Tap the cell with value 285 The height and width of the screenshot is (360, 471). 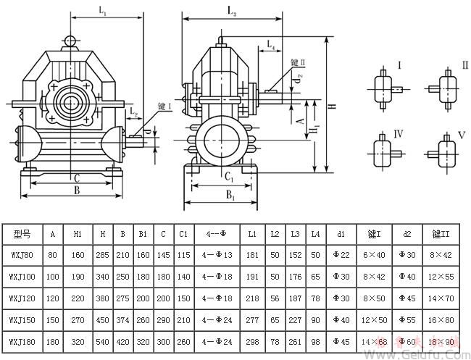pos(103,255)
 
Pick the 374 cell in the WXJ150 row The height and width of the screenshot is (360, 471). pos(123,317)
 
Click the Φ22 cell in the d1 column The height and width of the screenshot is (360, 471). pos(341,255)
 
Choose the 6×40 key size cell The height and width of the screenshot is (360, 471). pos(375,255)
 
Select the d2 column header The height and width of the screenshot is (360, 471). pos(407,233)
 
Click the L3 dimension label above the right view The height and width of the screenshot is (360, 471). pos(231,10)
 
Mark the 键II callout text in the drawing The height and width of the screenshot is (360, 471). pos(299,64)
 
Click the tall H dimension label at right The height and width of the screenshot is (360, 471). pos(332,106)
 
